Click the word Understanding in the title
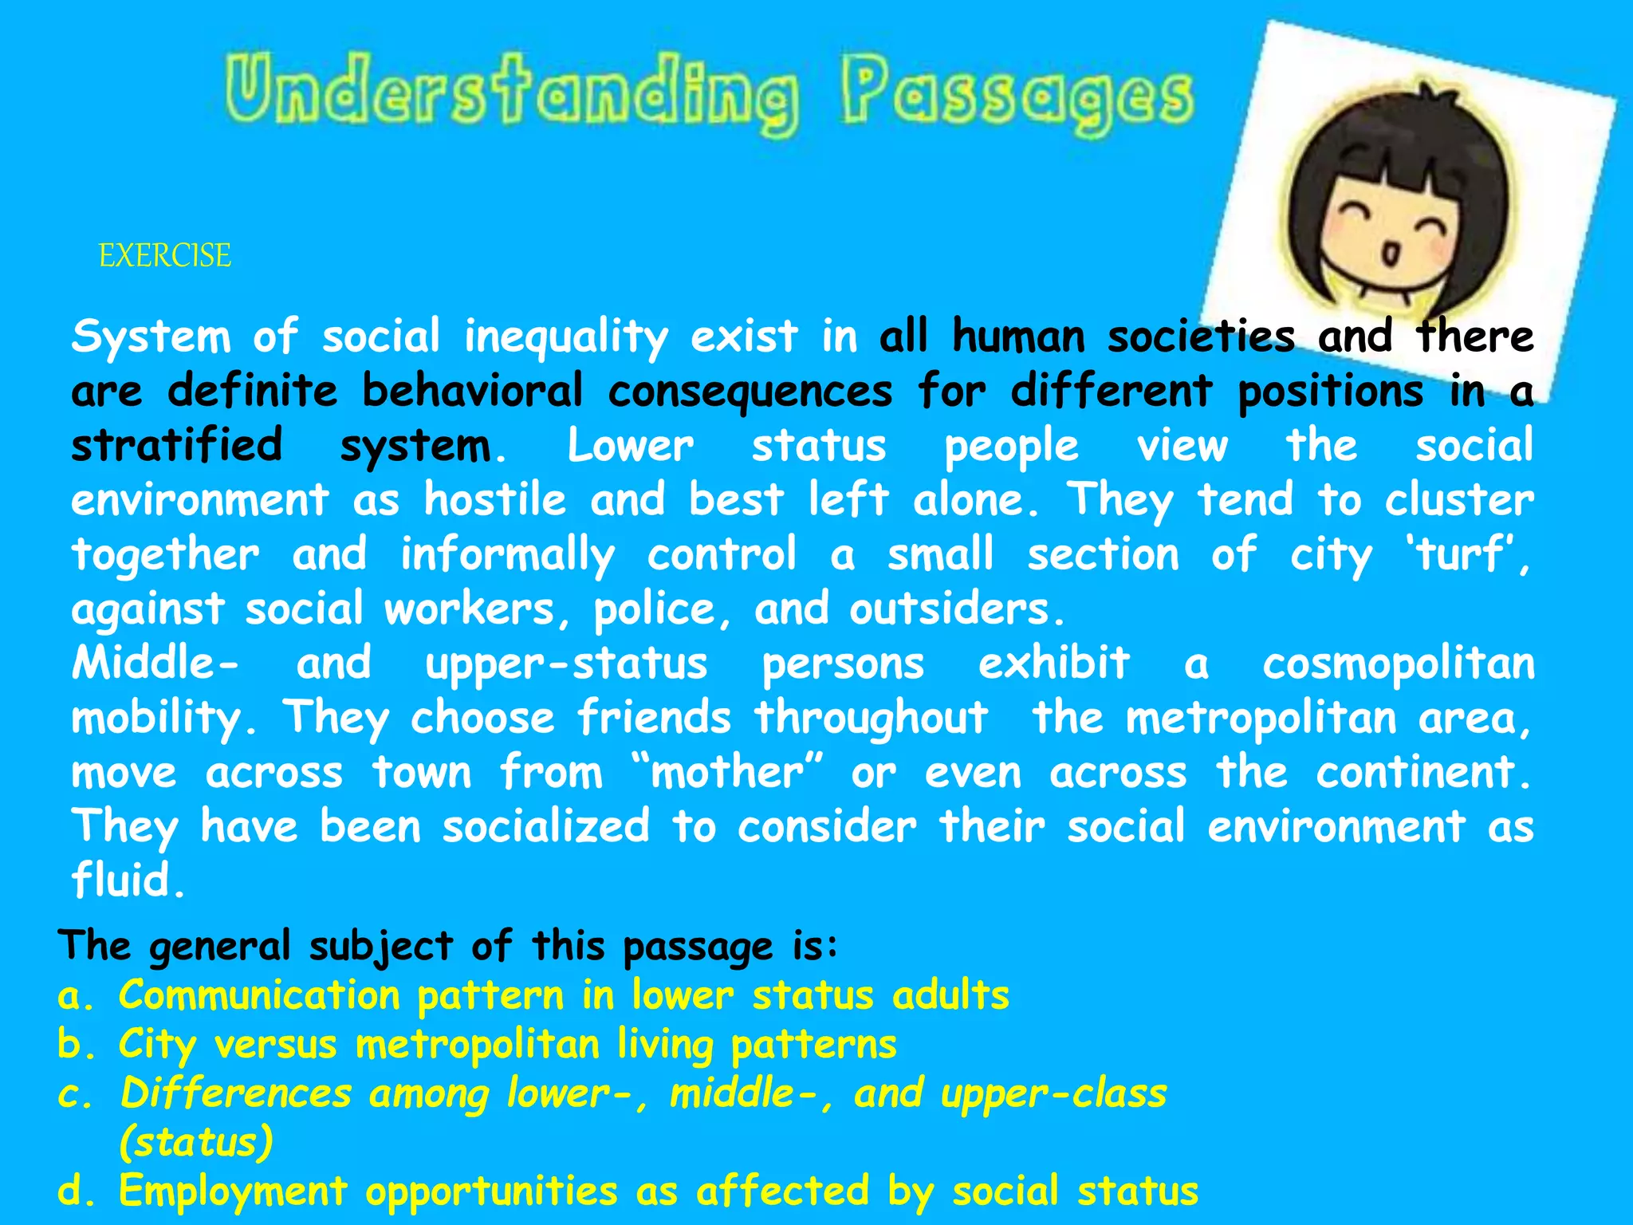point(510,94)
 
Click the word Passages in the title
point(1016,97)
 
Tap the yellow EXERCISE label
point(165,256)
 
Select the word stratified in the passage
point(177,446)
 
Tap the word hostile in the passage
point(494,501)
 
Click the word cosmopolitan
point(1398,664)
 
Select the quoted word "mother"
point(726,773)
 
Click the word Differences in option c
point(236,1094)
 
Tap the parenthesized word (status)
point(196,1142)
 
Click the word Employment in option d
point(233,1192)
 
